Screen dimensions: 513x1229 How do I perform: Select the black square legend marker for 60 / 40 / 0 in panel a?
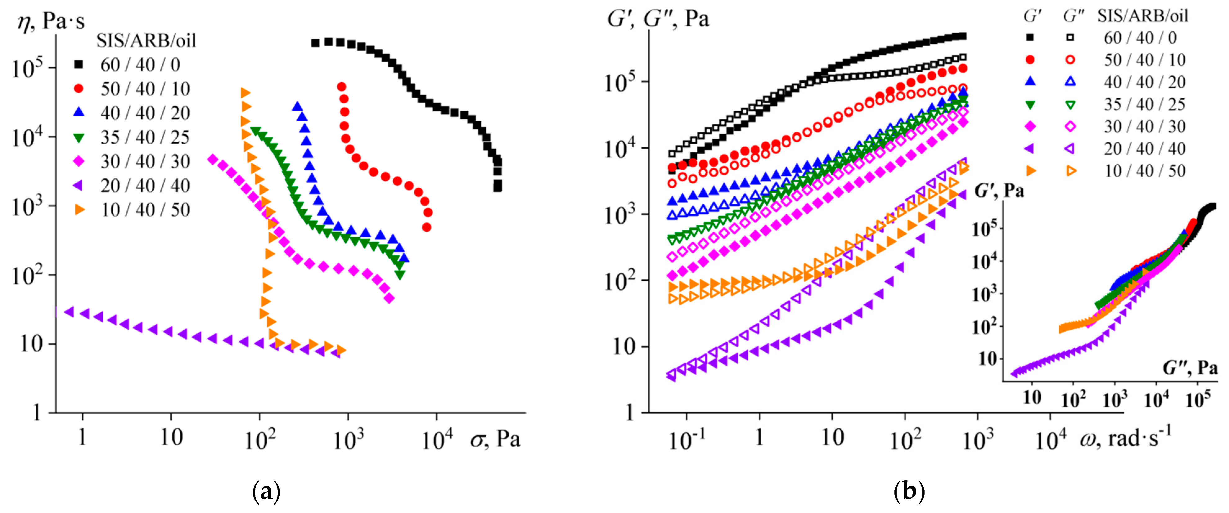79,64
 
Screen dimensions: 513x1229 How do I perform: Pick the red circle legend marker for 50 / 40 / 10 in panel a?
79,88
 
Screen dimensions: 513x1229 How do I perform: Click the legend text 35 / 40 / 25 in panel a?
145,137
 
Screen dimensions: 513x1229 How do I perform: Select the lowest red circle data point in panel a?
427,227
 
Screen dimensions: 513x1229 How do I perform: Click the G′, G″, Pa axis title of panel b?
658,19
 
